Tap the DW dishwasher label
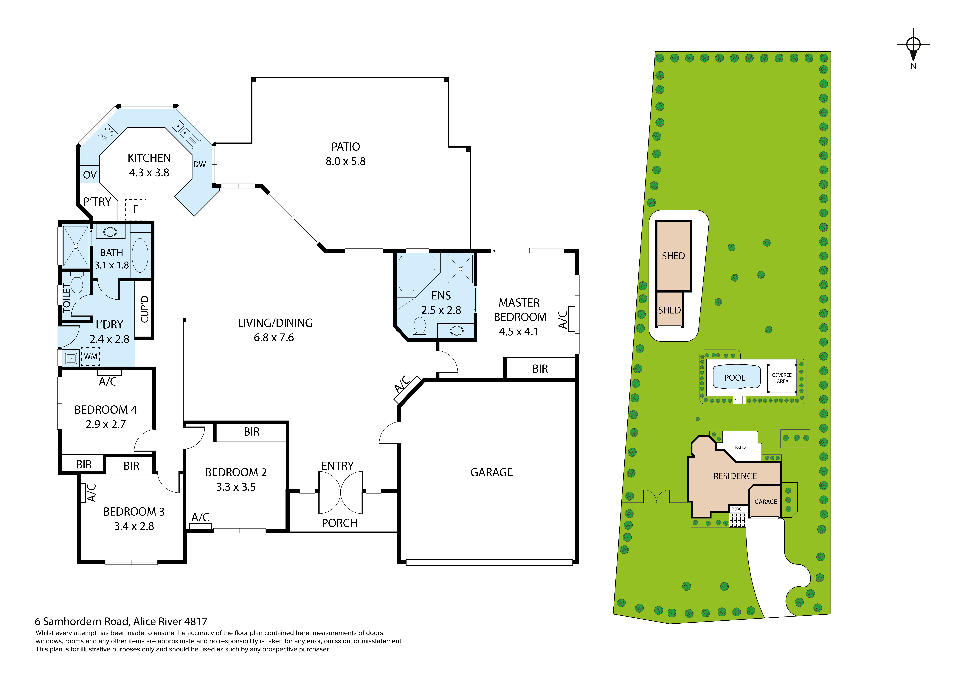[x=199, y=164]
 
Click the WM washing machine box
[x=91, y=356]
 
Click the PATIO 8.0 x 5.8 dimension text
[x=346, y=161]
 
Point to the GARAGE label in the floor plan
[x=491, y=472]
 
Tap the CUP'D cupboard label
[x=145, y=309]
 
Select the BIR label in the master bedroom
[x=540, y=369]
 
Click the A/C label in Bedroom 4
[x=108, y=381]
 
